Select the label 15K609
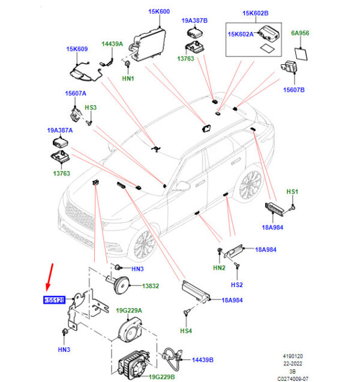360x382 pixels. (77, 49)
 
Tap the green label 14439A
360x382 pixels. (112, 44)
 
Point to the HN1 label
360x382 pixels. (128, 79)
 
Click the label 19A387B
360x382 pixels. (194, 20)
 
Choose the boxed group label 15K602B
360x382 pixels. (256, 13)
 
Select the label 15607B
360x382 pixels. (293, 89)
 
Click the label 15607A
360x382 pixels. (76, 93)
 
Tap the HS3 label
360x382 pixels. (91, 108)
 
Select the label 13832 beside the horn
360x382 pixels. (151, 286)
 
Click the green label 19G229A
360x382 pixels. (129, 310)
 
